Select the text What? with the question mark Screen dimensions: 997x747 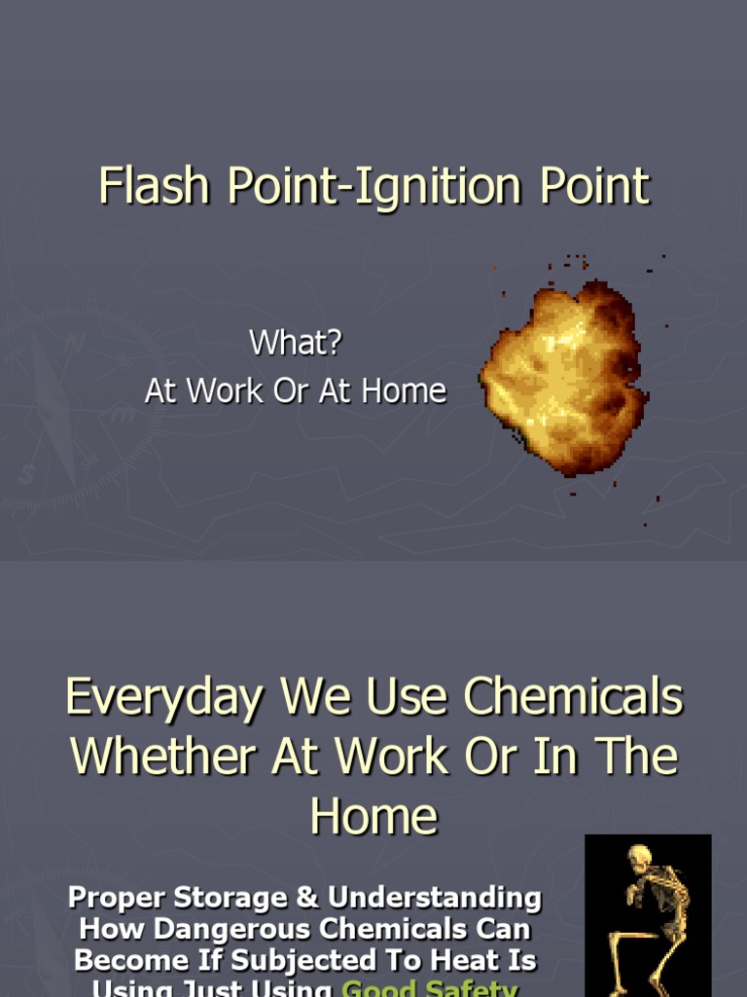click(x=296, y=343)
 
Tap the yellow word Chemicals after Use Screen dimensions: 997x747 click(x=573, y=697)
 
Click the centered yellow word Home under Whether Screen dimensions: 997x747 click(x=373, y=815)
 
